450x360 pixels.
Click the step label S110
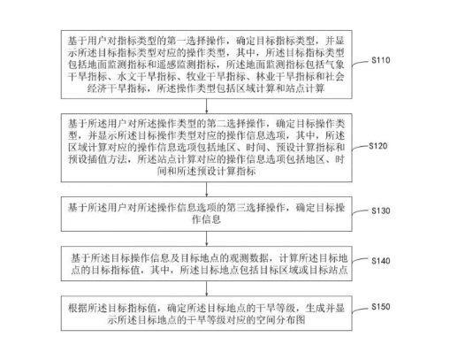381,60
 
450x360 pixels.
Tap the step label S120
378,146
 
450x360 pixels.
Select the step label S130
381,211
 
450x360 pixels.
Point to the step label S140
381,261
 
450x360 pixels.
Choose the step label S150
381,307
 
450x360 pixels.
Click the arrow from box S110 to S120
206,106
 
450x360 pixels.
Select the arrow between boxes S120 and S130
206,189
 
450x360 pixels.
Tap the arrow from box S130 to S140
206,239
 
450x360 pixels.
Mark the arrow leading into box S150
206,288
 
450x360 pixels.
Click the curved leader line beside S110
362,63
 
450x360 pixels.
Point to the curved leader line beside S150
362,309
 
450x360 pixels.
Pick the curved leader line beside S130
362,213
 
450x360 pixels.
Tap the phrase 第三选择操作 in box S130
256,208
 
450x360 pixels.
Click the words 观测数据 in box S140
249,258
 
